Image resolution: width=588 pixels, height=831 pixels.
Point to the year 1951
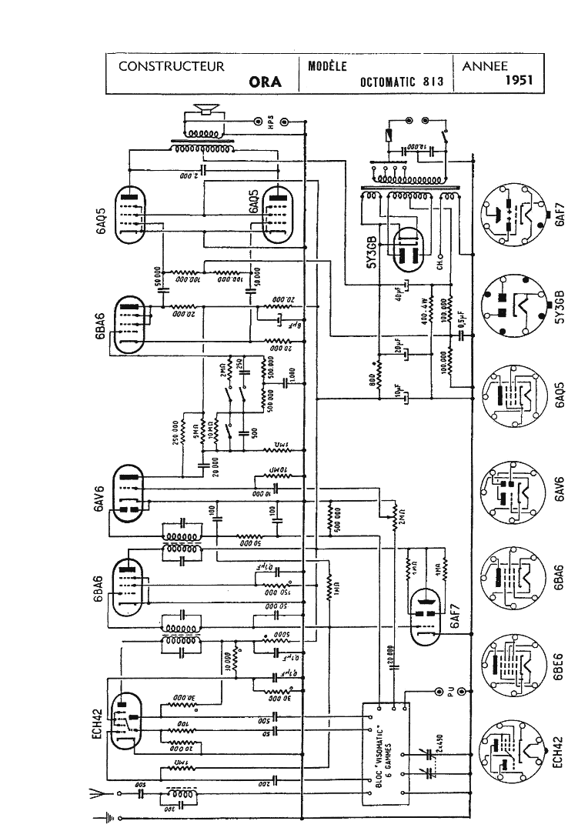[x=521, y=80]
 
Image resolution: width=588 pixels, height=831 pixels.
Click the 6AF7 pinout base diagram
[x=511, y=215]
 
